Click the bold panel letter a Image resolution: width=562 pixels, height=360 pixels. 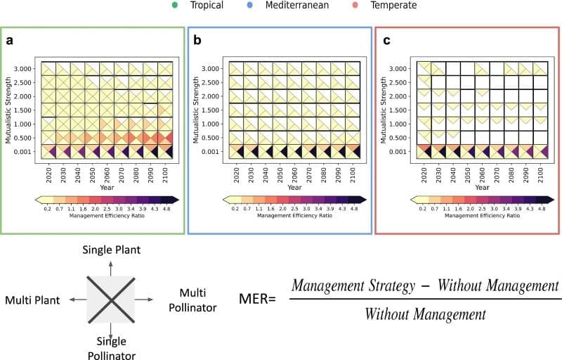point(10,41)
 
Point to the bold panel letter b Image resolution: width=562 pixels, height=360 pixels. point(197,41)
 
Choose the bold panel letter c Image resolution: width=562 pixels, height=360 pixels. point(386,41)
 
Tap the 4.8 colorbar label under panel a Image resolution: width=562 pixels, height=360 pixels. point(167,209)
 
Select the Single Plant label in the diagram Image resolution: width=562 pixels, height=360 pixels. point(112,250)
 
